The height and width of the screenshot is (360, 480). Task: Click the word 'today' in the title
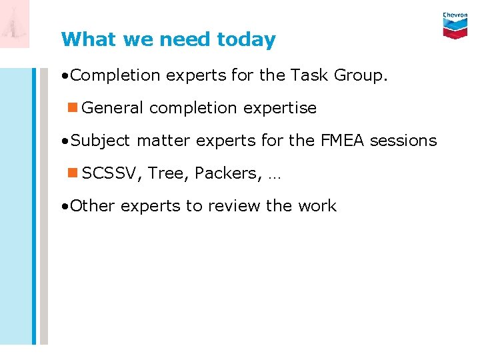[246, 40]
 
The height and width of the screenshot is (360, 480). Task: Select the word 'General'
[113, 108]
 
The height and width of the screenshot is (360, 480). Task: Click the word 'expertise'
[279, 108]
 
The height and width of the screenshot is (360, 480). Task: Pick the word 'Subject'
[101, 141]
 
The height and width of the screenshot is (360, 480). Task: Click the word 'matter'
[162, 141]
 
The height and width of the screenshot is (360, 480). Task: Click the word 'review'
[235, 206]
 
